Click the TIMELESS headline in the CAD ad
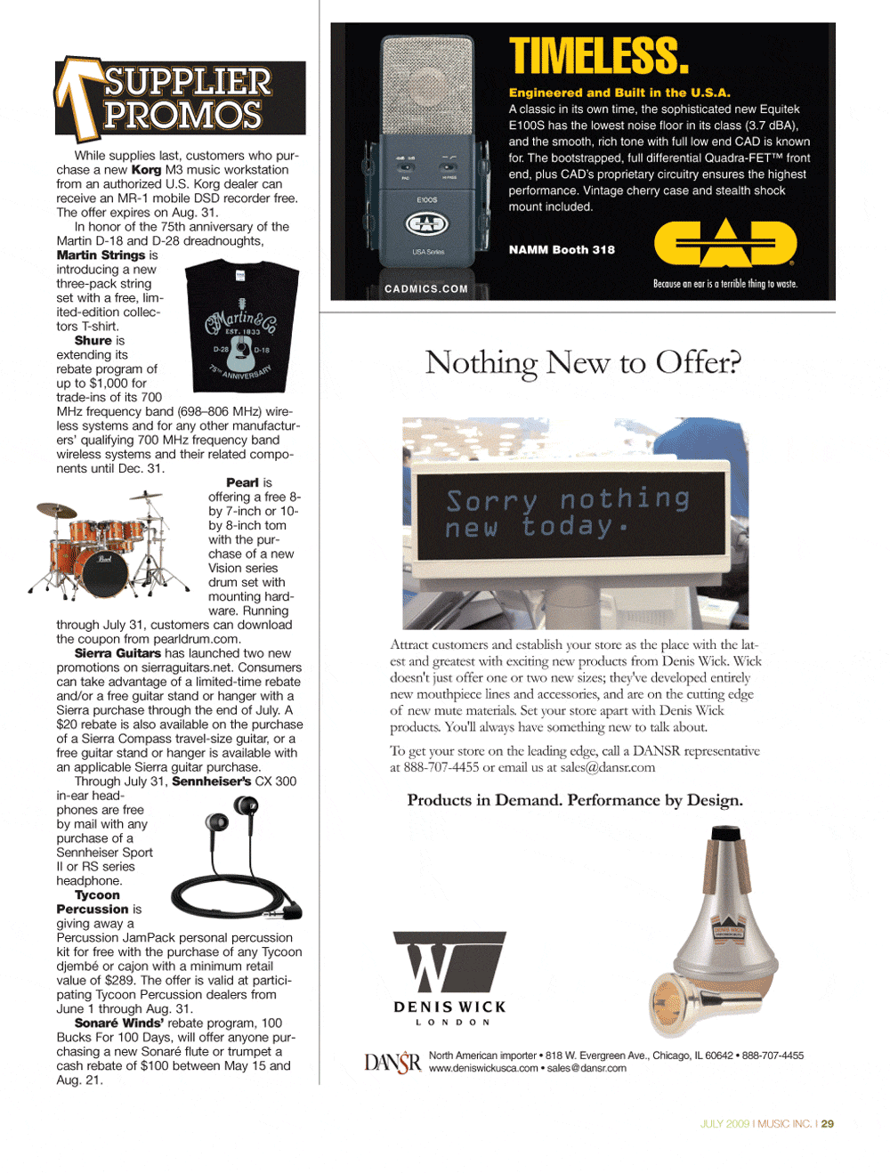coord(598,56)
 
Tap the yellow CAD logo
coord(725,243)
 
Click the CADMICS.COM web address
coord(426,288)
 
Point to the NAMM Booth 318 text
coord(562,250)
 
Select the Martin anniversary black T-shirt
coord(239,326)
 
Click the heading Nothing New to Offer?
coord(583,362)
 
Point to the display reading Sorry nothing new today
coord(569,514)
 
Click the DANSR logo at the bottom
coord(392,1063)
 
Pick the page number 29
coord(828,1124)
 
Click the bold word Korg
coord(146,170)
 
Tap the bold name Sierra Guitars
coord(117,653)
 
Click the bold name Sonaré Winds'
coord(119,1023)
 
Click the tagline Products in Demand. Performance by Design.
coord(575,800)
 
